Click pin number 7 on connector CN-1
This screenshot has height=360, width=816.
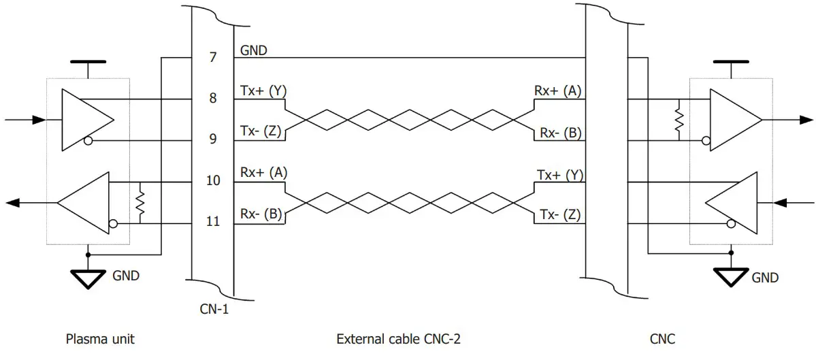213,57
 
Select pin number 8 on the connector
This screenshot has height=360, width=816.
213,98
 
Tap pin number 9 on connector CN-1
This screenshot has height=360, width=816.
213,140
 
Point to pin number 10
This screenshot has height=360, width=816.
213,180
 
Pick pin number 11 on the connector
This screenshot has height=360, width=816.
213,222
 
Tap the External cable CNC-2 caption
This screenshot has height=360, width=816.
398,338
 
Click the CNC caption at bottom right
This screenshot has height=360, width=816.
663,338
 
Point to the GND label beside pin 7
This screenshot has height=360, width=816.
254,50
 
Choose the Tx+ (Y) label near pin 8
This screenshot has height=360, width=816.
263,91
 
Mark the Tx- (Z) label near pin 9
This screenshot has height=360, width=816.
263,131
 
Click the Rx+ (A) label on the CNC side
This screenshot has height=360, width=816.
558,91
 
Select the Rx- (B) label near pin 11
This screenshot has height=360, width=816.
263,214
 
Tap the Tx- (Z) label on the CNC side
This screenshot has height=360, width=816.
559,215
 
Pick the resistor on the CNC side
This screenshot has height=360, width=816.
679,120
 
